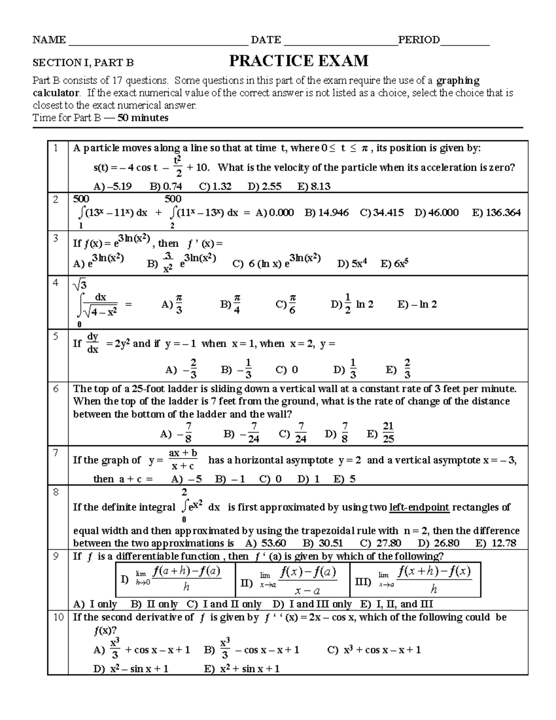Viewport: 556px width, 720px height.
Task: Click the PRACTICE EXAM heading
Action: [299, 61]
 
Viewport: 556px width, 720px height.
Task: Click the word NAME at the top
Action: [49, 40]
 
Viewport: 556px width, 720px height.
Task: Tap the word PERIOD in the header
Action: [419, 40]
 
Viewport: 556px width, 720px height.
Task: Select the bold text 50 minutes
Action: [143, 118]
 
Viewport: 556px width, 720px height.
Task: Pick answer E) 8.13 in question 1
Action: [314, 186]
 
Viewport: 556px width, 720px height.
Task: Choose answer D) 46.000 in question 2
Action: [436, 212]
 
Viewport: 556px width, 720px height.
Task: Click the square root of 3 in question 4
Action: [80, 284]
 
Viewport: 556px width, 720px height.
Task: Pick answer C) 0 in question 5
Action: [286, 370]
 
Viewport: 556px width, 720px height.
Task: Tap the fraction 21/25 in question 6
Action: [388, 433]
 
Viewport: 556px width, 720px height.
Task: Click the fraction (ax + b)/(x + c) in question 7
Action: [183, 459]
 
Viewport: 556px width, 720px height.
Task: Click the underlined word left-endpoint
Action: [419, 507]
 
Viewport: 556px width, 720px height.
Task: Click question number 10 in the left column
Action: [58, 617]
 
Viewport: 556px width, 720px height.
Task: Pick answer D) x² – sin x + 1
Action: [131, 669]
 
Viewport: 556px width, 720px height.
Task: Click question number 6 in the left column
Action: [56, 389]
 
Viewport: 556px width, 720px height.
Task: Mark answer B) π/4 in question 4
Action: [231, 305]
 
